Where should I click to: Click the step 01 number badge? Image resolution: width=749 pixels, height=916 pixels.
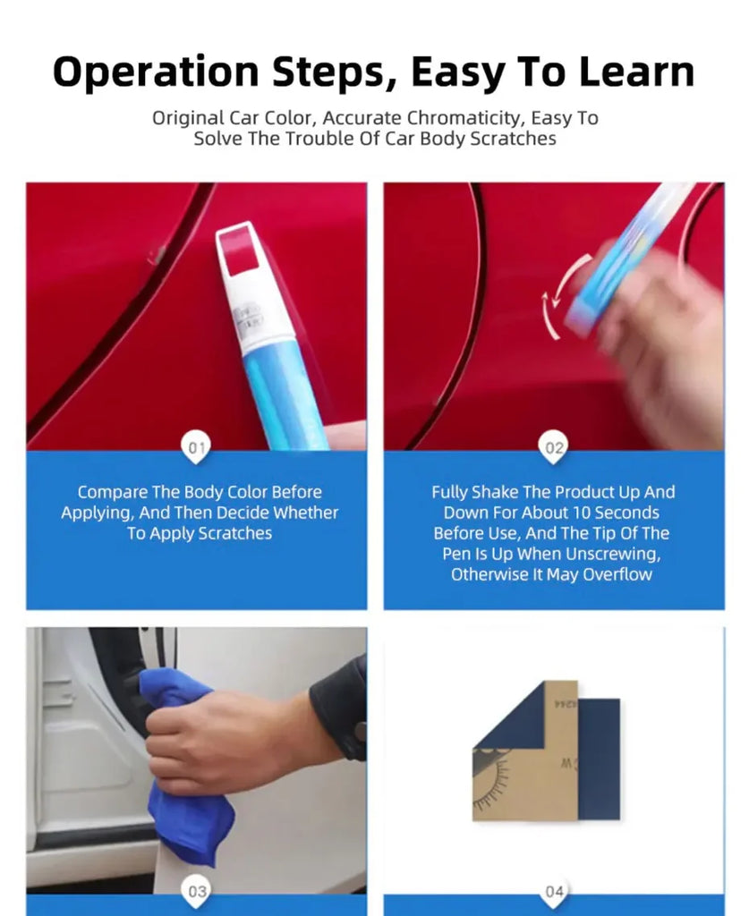196,447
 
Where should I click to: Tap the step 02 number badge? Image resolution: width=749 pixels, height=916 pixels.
554,447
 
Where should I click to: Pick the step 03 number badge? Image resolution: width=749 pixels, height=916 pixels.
196,891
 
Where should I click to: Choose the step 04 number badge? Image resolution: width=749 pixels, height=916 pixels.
554,891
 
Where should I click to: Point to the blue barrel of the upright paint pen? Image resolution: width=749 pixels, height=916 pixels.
286,394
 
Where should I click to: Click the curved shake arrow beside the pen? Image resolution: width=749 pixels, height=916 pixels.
560,295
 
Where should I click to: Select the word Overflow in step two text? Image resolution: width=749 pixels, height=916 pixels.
617,574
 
